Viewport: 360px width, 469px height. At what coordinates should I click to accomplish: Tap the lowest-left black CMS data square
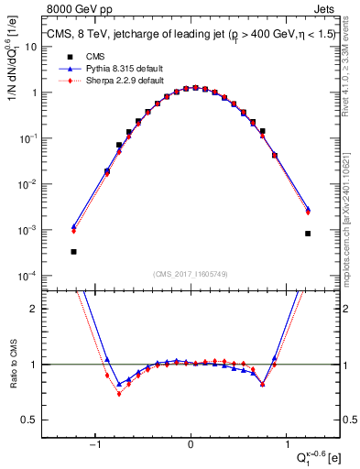point(73,252)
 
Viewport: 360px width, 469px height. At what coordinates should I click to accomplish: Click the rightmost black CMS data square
point(308,234)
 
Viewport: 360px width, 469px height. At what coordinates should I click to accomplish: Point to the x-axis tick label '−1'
point(95,444)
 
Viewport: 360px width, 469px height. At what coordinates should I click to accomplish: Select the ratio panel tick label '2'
point(37,309)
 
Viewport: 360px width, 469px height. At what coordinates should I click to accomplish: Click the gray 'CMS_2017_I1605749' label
point(191,274)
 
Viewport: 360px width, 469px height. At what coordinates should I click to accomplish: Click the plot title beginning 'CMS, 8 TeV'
point(191,35)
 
